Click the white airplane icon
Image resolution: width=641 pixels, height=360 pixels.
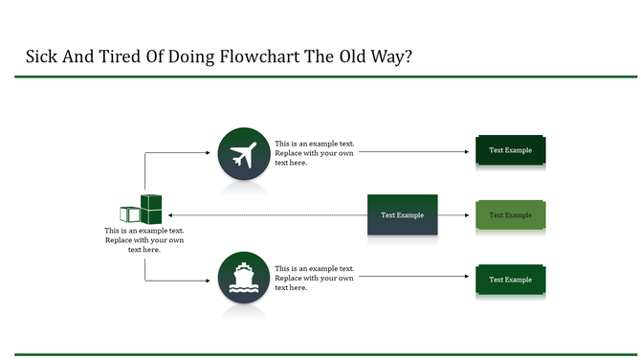[244, 153]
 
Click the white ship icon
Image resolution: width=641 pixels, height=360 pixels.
[244, 279]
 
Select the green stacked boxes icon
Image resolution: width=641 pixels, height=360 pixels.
[142, 210]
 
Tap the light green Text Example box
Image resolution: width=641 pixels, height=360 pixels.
[510, 214]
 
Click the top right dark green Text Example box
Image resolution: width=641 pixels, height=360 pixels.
[510, 150]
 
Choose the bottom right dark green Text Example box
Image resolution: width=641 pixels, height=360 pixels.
[510, 280]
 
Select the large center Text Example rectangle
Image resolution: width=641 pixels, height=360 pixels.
[402, 214]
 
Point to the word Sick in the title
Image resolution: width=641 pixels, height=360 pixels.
[42, 56]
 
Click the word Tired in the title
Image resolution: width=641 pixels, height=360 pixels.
[118, 56]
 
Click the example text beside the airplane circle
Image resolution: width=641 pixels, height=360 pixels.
[315, 153]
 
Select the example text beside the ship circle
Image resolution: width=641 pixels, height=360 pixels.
[315, 279]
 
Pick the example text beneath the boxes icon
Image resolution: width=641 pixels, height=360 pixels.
[144, 240]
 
